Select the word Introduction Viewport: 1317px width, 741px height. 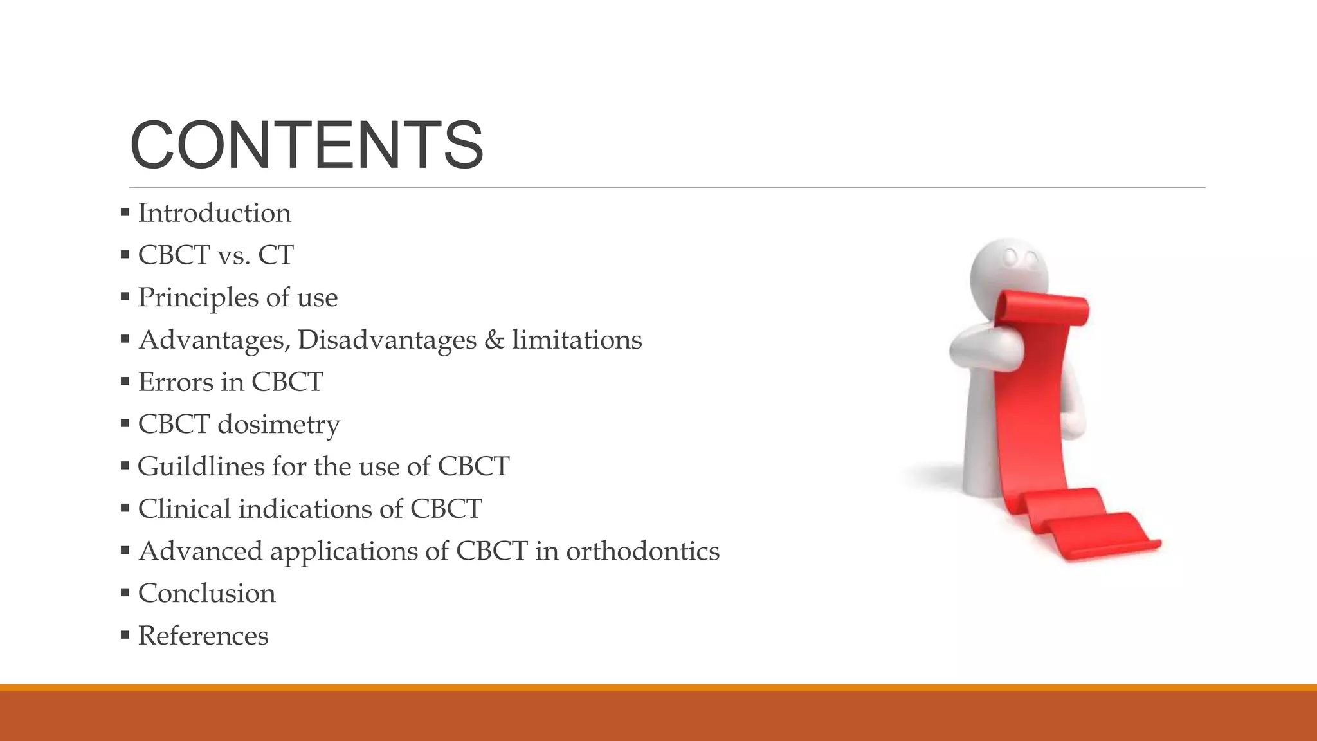[214, 213]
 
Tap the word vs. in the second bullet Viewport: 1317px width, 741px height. [234, 255]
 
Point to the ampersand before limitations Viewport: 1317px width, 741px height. [494, 340]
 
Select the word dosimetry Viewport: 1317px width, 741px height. [278, 425]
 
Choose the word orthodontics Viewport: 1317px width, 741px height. [642, 551]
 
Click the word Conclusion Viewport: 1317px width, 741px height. [206, 593]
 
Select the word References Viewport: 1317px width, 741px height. [203, 636]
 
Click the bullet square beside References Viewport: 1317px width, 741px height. [125, 636]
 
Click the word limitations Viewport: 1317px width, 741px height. [577, 340]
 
